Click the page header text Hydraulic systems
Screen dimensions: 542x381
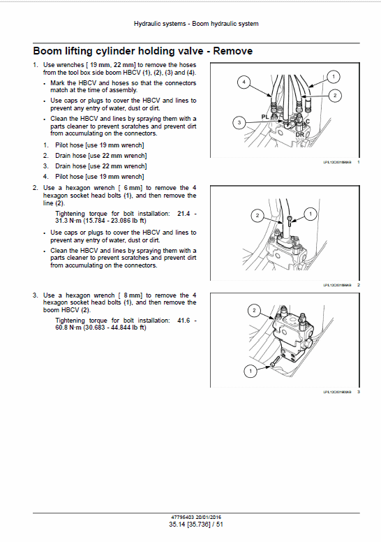coord(160,24)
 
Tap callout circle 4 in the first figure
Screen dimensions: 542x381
coord(244,82)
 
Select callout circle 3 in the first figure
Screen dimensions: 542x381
coord(239,123)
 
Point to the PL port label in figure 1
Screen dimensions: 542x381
coord(265,117)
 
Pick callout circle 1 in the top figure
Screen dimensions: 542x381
coord(333,76)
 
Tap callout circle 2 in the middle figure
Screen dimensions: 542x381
coord(257,216)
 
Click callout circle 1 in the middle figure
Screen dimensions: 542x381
coord(311,212)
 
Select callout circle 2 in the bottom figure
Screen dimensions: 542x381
coord(254,309)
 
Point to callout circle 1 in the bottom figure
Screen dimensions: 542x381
coord(248,372)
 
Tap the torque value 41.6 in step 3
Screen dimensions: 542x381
coord(182,320)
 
